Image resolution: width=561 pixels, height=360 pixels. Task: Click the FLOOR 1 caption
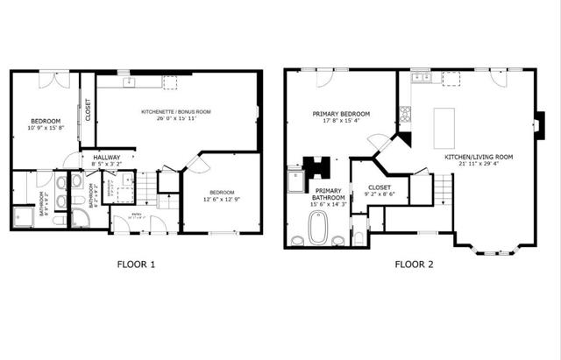pyautogui.click(x=137, y=263)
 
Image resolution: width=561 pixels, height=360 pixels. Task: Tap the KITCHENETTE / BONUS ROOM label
pyautogui.click(x=176, y=112)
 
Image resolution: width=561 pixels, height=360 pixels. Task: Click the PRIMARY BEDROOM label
pyautogui.click(x=341, y=114)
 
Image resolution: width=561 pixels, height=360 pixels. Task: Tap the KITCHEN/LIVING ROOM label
pyautogui.click(x=478, y=157)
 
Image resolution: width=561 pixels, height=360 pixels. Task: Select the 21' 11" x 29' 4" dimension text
pyautogui.click(x=478, y=164)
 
